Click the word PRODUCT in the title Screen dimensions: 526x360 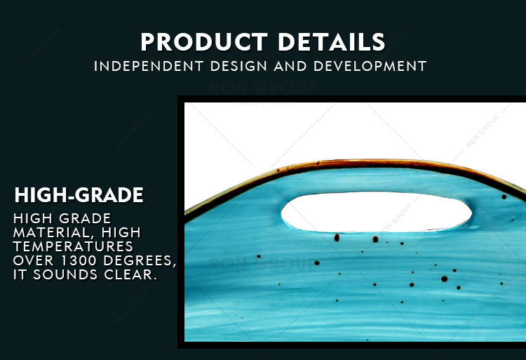(204, 42)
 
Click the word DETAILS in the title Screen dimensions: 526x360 (332, 42)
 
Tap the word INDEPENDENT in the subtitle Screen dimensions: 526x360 (149, 66)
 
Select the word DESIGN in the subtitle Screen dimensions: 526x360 (238, 66)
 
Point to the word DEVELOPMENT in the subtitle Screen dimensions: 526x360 (370, 66)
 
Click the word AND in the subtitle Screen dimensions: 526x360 (290, 66)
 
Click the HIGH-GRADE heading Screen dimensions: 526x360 (79, 195)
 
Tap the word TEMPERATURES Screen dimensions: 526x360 (73, 246)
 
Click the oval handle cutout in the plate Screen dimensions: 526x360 (377, 212)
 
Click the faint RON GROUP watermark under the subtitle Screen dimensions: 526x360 (263, 88)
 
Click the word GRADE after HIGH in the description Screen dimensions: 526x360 (85, 218)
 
